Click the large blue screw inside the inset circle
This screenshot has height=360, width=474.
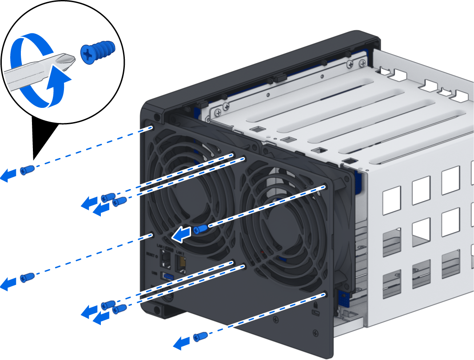pyautogui.click(x=98, y=51)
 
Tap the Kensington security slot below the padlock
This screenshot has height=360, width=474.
pyautogui.click(x=316, y=314)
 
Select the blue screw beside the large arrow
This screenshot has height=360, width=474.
pyautogui.click(x=200, y=229)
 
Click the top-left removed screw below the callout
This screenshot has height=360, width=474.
pyautogui.click(x=27, y=170)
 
